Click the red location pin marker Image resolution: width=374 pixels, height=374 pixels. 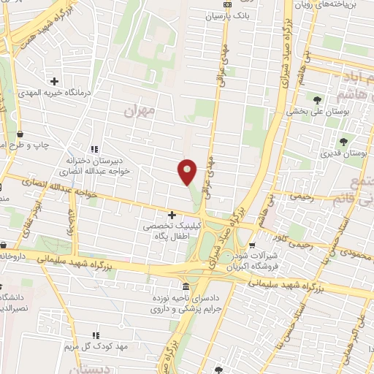[187, 172]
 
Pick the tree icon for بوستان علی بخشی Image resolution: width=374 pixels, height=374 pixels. [317, 99]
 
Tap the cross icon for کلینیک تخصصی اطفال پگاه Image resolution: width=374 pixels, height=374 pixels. [172, 215]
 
